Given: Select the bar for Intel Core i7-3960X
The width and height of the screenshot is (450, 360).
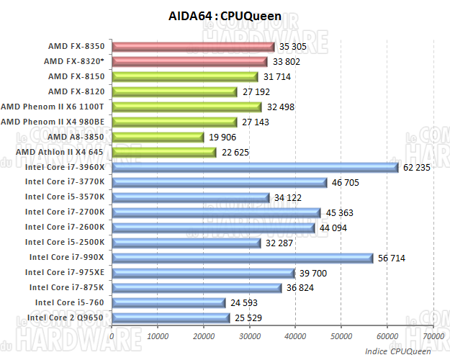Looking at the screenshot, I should coord(255,167).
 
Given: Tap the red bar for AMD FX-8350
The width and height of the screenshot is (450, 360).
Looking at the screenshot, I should coord(193,47).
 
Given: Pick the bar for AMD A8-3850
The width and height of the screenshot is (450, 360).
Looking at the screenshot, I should coord(158,137).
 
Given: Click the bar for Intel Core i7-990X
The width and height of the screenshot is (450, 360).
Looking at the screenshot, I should coord(242,257).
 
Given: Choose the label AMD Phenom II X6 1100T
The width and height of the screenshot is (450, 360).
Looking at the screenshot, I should coord(58,107).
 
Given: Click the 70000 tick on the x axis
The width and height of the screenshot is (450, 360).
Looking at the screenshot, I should coord(433,336).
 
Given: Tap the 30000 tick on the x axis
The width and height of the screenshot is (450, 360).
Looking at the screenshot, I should coord(250,336).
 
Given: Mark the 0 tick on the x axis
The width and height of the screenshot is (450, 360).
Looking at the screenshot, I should coord(112,336).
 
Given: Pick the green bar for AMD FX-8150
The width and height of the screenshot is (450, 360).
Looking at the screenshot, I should coord(184,77).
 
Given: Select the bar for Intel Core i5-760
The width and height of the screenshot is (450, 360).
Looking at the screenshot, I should coord(168,302).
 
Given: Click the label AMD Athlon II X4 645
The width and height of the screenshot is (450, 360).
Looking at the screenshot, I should coord(59,152).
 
